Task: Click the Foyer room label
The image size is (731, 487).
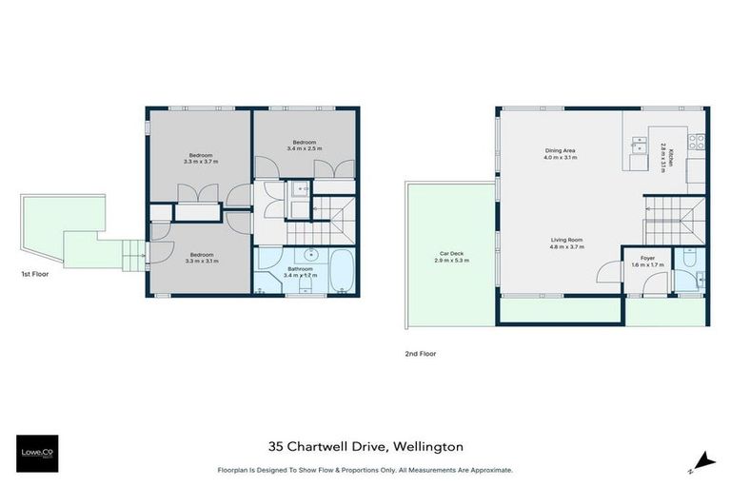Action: pos(647,257)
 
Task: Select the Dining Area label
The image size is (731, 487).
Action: pos(560,150)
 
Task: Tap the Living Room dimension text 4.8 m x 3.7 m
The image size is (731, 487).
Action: pos(567,246)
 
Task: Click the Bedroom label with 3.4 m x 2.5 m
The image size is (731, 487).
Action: pos(304,148)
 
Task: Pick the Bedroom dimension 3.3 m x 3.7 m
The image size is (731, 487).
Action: pos(201,162)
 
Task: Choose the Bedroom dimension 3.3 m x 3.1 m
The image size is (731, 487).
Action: pos(200,261)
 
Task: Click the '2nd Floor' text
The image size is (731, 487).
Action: pos(420,353)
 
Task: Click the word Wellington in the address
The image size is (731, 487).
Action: pos(425,445)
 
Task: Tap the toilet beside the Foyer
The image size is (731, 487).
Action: pos(688,259)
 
